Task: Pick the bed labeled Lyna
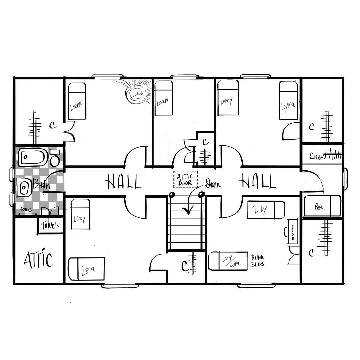(x=288, y=100)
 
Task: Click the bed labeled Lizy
(x=81, y=214)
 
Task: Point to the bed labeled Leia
(x=86, y=269)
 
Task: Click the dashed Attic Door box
(x=185, y=179)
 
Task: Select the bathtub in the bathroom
(x=32, y=157)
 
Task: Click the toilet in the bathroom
(x=55, y=159)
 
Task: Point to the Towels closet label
(x=50, y=225)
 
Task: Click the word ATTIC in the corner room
(x=38, y=260)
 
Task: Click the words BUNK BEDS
(x=258, y=260)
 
